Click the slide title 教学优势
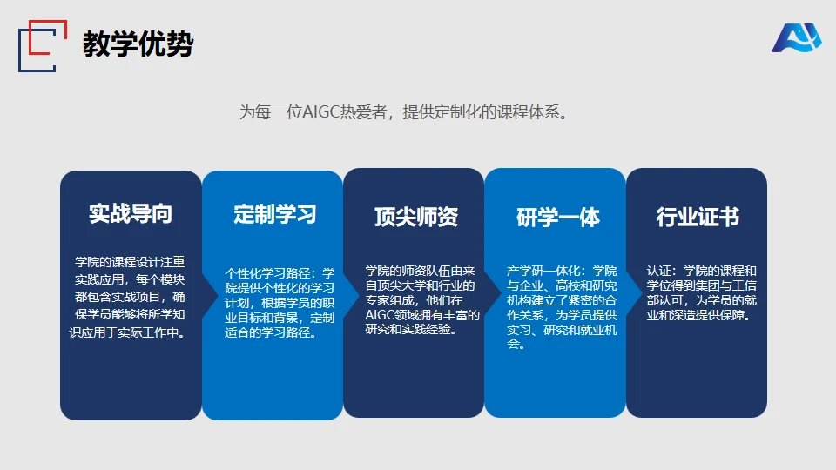(138, 44)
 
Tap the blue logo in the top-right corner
(797, 37)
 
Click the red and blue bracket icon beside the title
(43, 46)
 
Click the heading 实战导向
(131, 214)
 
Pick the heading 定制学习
(275, 214)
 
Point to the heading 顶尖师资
(416, 217)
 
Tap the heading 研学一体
(558, 218)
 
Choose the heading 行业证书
(698, 217)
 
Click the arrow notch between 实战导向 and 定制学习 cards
(211, 294)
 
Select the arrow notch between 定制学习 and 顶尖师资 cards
(352, 294)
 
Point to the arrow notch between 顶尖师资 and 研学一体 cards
(493, 292)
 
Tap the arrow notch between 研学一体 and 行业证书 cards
(635, 292)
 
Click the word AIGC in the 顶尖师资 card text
(380, 315)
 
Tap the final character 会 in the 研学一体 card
(513, 345)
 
